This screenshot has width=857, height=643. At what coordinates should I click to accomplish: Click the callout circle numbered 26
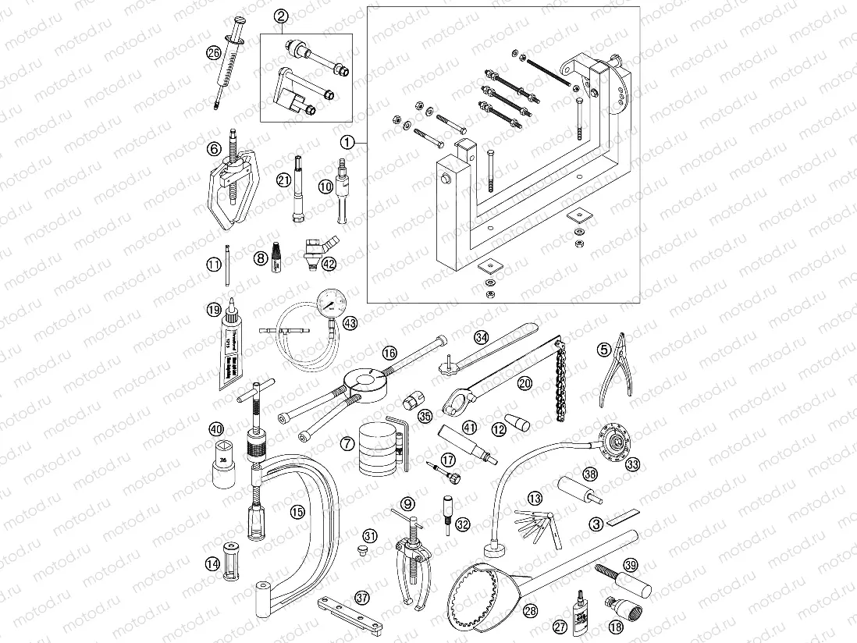click(214, 53)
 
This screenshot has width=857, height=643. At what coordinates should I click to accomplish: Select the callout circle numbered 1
click(348, 142)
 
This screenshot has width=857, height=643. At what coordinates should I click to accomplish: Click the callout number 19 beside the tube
click(214, 311)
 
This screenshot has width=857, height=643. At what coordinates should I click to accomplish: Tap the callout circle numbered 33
click(633, 464)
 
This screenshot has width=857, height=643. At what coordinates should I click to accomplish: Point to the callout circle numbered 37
click(361, 597)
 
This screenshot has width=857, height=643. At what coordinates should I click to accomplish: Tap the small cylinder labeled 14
click(230, 560)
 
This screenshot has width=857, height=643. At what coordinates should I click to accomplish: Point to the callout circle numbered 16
click(389, 353)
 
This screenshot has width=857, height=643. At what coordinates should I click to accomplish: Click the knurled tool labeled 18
click(621, 609)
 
